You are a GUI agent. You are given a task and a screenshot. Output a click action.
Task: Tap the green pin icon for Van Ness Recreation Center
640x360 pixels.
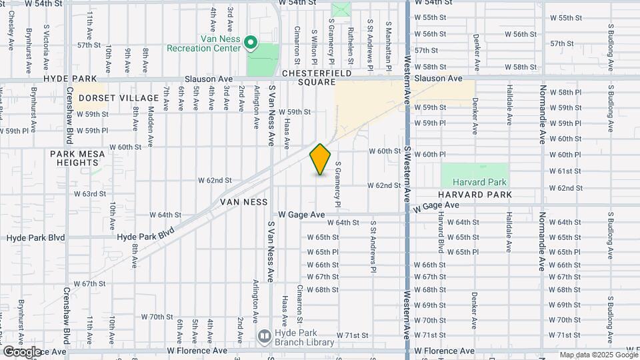pos(251,43)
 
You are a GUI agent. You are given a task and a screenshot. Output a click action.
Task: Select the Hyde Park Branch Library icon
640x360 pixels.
pos(264,335)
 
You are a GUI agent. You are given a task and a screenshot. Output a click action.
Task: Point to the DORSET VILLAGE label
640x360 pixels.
pos(109,98)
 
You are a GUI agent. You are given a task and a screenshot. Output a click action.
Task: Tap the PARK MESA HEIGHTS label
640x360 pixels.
pos(74,158)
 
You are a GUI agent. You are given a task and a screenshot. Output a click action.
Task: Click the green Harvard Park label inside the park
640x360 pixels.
pos(479,182)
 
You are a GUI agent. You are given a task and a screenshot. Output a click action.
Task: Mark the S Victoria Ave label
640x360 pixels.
pos(46,42)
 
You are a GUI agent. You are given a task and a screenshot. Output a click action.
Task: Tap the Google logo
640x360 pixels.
pos(22,352)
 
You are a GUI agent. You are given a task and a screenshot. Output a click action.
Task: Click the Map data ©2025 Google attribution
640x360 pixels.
pos(598,355)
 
